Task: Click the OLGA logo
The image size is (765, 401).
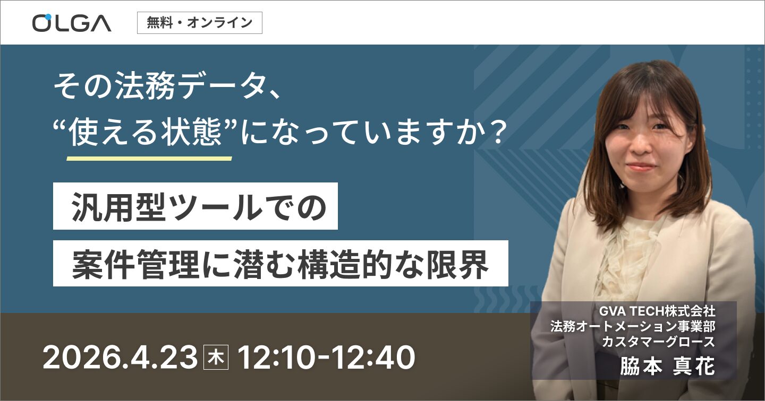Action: tap(72, 22)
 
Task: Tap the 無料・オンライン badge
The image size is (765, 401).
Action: tap(199, 23)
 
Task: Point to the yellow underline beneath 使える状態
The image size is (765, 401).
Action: tap(149, 158)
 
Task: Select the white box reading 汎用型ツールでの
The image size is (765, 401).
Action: tap(195, 206)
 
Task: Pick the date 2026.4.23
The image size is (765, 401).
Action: tap(120, 359)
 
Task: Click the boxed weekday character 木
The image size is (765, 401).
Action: tap(216, 359)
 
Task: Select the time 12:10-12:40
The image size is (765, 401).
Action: tap(326, 359)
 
